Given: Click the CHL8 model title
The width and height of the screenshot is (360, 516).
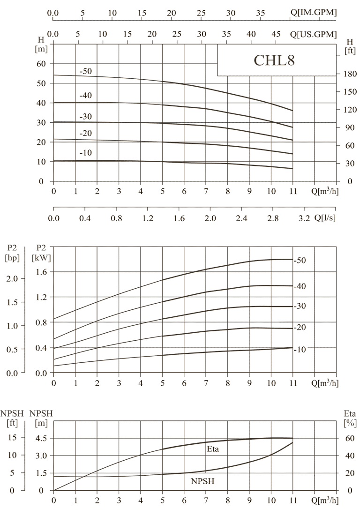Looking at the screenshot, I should (x=274, y=61).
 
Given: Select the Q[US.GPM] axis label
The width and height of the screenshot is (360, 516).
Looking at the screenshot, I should (x=314, y=34).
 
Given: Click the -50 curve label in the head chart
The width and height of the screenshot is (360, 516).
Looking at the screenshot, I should (x=85, y=72).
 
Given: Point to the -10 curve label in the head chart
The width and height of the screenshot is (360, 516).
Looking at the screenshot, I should (x=85, y=153).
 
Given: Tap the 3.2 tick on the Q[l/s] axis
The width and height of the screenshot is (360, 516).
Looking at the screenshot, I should (x=304, y=218).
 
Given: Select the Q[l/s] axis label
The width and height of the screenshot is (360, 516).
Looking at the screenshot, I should (x=325, y=217).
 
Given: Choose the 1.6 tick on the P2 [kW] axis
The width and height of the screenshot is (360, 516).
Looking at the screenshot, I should (x=42, y=272).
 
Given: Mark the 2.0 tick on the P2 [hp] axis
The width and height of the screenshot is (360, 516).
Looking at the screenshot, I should (x=12, y=278).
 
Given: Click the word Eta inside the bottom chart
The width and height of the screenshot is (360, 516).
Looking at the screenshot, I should (x=213, y=449).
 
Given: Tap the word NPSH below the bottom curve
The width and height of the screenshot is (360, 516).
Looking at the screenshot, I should (x=202, y=481).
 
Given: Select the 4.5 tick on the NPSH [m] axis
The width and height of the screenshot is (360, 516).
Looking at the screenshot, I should (x=41, y=438).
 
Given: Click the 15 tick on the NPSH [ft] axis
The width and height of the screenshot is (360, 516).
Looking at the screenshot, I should (x=12, y=438).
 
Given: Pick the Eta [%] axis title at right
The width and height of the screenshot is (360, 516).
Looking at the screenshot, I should (x=350, y=418).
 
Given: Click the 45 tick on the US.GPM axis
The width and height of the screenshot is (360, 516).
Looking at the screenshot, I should (x=276, y=34).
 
